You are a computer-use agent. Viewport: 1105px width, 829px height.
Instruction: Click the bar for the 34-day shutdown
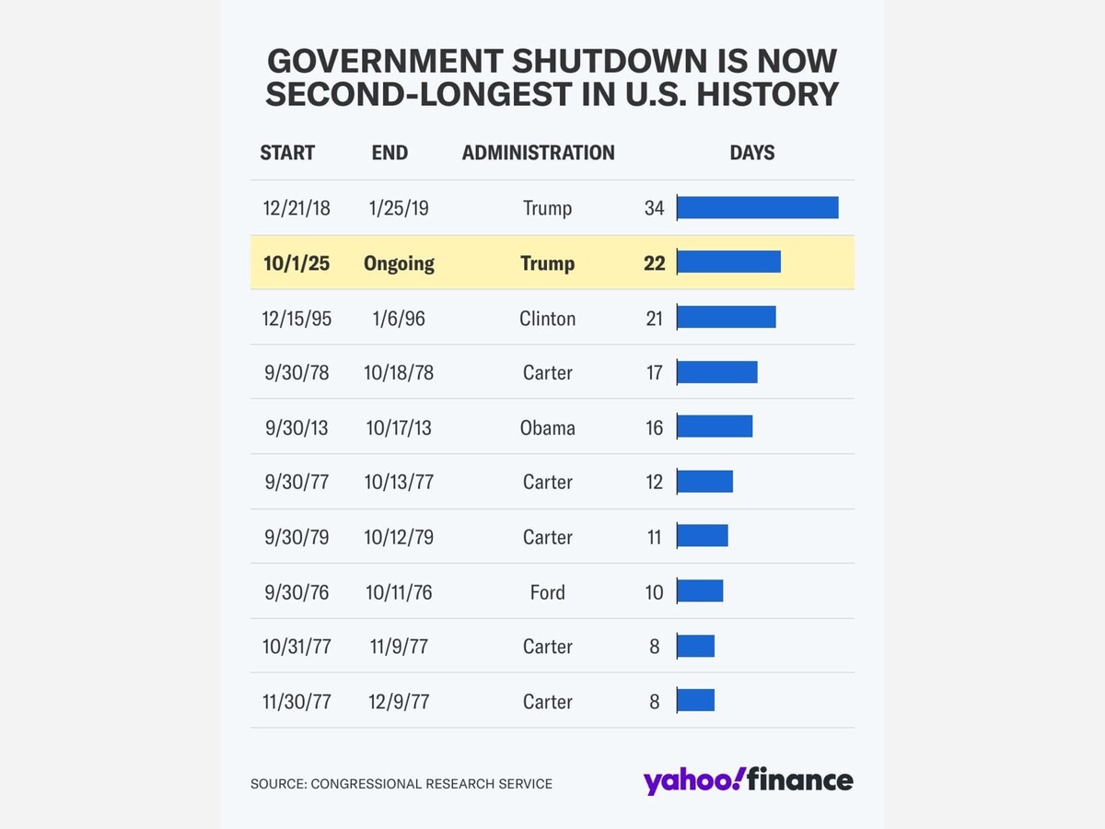point(757,207)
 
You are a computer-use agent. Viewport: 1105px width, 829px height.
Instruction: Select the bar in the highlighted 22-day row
point(728,263)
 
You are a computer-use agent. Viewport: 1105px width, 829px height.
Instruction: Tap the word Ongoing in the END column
point(399,263)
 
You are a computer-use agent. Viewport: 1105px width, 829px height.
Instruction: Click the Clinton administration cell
point(547,319)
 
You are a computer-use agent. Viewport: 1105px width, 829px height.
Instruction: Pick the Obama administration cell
point(547,427)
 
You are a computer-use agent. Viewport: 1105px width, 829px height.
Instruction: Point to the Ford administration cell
point(547,592)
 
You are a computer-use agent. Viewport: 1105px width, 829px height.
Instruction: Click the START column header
point(287,153)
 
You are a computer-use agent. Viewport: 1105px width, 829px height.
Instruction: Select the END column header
point(390,153)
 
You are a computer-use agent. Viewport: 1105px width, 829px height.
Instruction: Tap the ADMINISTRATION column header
point(538,153)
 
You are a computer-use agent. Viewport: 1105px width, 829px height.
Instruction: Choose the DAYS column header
point(752,153)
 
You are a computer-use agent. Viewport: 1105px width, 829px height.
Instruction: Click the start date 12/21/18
point(297,208)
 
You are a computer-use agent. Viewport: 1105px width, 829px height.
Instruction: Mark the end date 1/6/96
point(399,319)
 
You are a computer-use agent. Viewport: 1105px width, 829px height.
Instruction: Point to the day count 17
point(654,373)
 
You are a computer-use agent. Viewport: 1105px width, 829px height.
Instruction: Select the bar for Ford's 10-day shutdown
point(700,591)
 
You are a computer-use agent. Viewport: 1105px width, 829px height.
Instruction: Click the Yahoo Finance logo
point(748,781)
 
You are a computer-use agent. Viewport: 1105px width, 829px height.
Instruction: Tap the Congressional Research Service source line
point(401,784)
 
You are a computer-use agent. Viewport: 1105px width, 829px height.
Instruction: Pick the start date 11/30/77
point(297,702)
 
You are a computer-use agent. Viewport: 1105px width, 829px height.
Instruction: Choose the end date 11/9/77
point(399,647)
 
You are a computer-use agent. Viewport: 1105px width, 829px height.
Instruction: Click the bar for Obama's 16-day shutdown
point(715,426)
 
